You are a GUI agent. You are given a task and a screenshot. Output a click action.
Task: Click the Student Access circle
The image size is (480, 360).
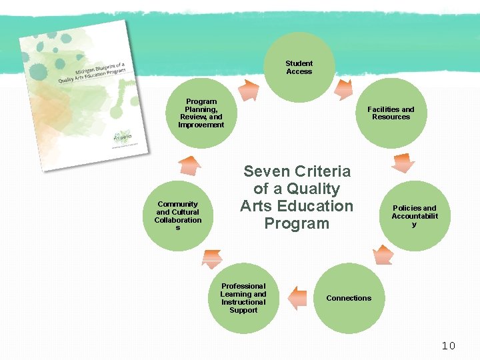click(299, 67)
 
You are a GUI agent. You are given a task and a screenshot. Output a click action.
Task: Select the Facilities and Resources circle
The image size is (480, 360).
click(391, 113)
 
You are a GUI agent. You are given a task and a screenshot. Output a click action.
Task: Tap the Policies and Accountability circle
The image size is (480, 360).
click(414, 216)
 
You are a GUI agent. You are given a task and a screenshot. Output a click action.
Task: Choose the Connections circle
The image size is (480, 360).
click(349, 298)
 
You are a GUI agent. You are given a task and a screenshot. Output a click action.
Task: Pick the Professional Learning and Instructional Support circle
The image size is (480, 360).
click(243, 298)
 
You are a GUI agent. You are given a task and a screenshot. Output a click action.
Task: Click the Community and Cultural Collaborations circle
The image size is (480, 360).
click(178, 216)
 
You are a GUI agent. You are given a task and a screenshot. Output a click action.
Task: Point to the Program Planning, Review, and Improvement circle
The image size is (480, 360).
click(201, 113)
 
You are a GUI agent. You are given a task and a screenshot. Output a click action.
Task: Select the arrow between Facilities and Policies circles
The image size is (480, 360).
click(403, 163)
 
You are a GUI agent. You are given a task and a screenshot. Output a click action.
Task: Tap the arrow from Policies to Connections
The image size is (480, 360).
click(383, 254)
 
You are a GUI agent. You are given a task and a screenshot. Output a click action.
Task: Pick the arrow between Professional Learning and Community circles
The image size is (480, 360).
click(211, 258)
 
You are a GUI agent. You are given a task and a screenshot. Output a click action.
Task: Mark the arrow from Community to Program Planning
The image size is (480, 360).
click(189, 165)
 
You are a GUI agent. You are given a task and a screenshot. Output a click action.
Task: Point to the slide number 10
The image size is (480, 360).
click(448, 345)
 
